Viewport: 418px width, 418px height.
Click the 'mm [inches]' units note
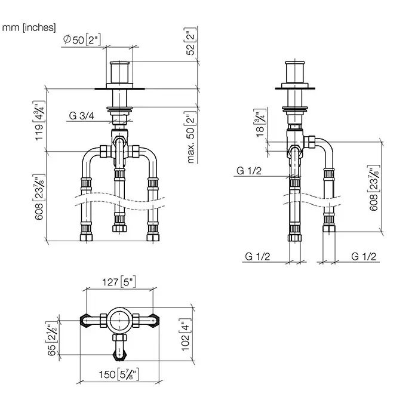pos(29,27)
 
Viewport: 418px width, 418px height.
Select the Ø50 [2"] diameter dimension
pos(82,40)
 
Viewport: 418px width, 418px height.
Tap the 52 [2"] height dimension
pos(190,41)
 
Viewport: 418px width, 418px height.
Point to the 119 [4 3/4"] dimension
pos(39,121)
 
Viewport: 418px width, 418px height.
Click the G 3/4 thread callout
pos(81,116)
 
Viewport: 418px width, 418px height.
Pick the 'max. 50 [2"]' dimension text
pos(191,137)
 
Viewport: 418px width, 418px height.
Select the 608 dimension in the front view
pos(39,197)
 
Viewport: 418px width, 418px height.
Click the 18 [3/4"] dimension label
pos(260,123)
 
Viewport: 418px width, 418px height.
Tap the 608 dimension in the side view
pos(374,188)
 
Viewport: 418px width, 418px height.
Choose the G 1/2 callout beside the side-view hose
pos(249,171)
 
